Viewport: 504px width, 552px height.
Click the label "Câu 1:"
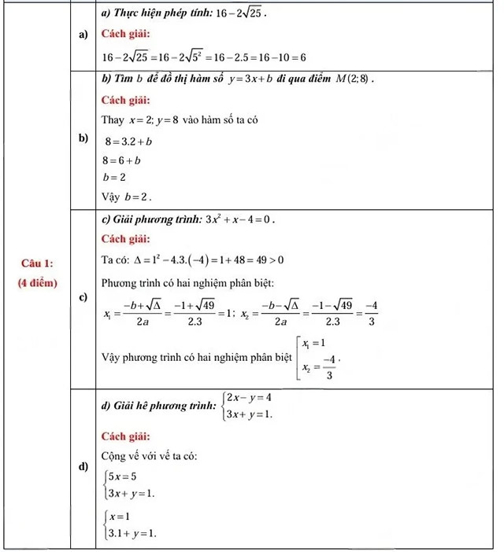click(38, 261)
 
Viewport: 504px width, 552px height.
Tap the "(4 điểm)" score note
click(38, 282)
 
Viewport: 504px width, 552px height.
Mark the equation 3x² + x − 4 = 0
click(240, 219)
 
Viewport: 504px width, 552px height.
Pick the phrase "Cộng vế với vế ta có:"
click(148, 456)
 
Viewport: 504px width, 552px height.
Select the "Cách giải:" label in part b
click(127, 100)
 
